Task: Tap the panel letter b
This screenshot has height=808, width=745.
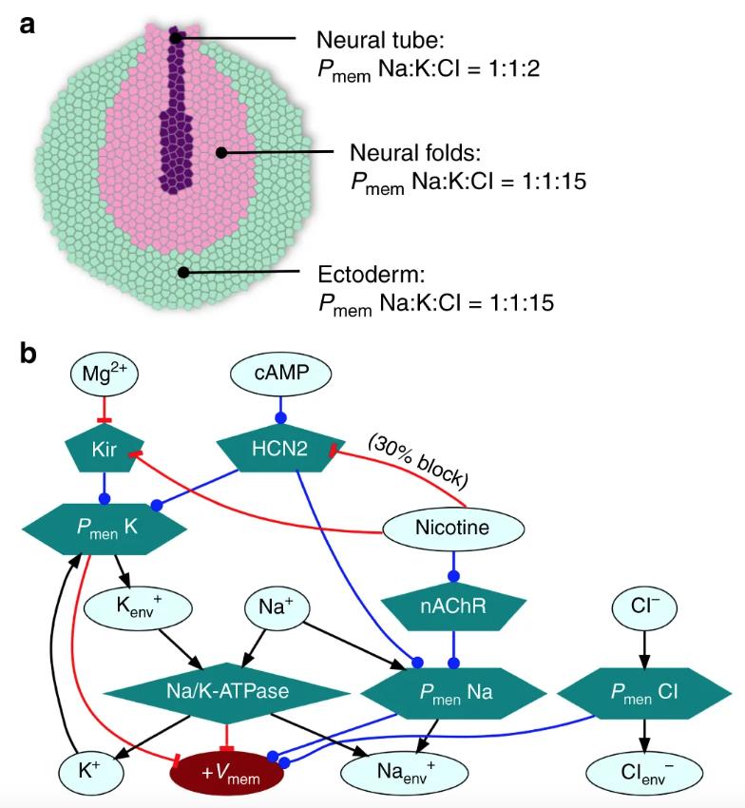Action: click(29, 354)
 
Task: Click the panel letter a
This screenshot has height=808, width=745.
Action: click(29, 24)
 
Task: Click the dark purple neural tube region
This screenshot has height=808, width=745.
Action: click(173, 133)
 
